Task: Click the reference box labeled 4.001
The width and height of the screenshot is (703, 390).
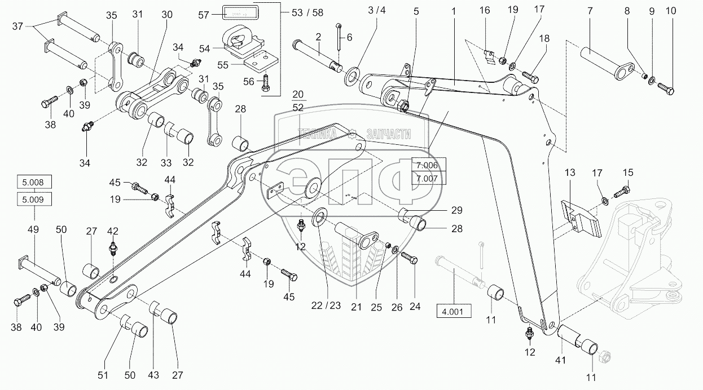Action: coord(454,312)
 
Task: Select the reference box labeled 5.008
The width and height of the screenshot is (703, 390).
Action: coord(34,182)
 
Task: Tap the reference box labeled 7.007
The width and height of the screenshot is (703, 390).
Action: coord(428,178)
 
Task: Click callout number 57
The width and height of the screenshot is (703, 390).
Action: coord(203,15)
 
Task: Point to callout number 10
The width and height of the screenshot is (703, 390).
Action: coord(671,11)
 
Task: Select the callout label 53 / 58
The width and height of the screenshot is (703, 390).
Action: coord(307,12)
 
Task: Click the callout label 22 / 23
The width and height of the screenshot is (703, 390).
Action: coord(326,305)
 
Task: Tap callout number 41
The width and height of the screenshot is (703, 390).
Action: coord(560,361)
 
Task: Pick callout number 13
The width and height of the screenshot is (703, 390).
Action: coord(570,172)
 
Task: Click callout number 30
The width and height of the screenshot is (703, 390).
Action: coord(167,15)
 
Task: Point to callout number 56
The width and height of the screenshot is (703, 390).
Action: coord(249,82)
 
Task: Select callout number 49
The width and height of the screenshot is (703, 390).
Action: coord(33,229)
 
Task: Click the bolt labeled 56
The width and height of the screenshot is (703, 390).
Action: coord(265,83)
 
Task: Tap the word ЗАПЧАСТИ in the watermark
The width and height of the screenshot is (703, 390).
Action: coord(389,134)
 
